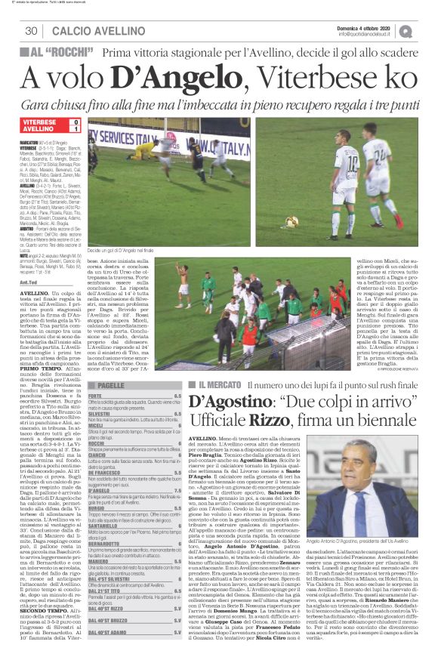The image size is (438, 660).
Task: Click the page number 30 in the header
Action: click(31, 30)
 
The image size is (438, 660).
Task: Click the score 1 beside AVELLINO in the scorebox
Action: click(75, 129)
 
